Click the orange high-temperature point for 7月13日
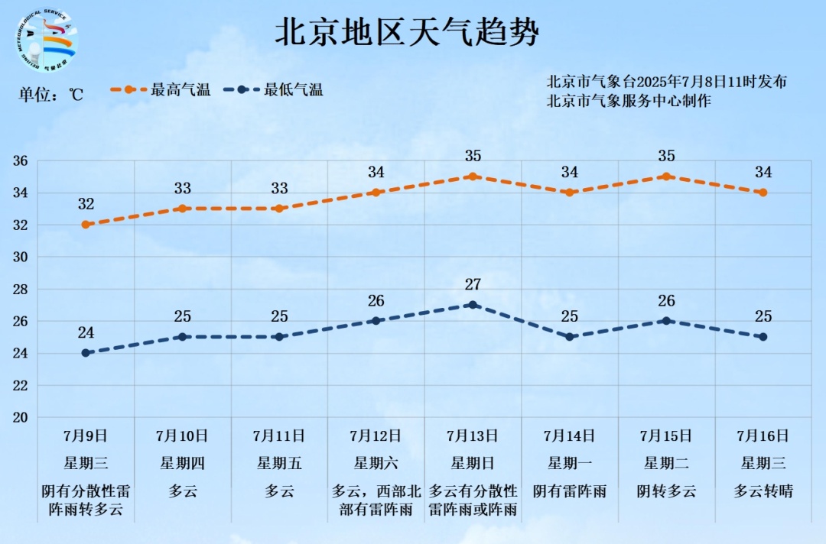pyautogui.click(x=473, y=176)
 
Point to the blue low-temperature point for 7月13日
pyautogui.click(x=473, y=305)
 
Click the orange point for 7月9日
pyautogui.click(x=86, y=225)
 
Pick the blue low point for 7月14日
pyautogui.click(x=569, y=337)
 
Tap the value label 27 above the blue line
pyautogui.click(x=473, y=285)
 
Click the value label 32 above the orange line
pyautogui.click(x=86, y=204)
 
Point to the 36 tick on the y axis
pyautogui.click(x=20, y=161)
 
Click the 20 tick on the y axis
pyautogui.click(x=20, y=418)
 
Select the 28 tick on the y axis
pyautogui.click(x=20, y=290)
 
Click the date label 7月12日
pyautogui.click(x=376, y=436)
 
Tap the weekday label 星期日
pyautogui.click(x=473, y=463)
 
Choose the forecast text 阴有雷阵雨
pyautogui.click(x=569, y=491)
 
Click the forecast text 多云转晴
pyautogui.click(x=763, y=491)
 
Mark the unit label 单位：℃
pyautogui.click(x=50, y=95)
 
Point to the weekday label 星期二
pyautogui.click(x=666, y=463)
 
